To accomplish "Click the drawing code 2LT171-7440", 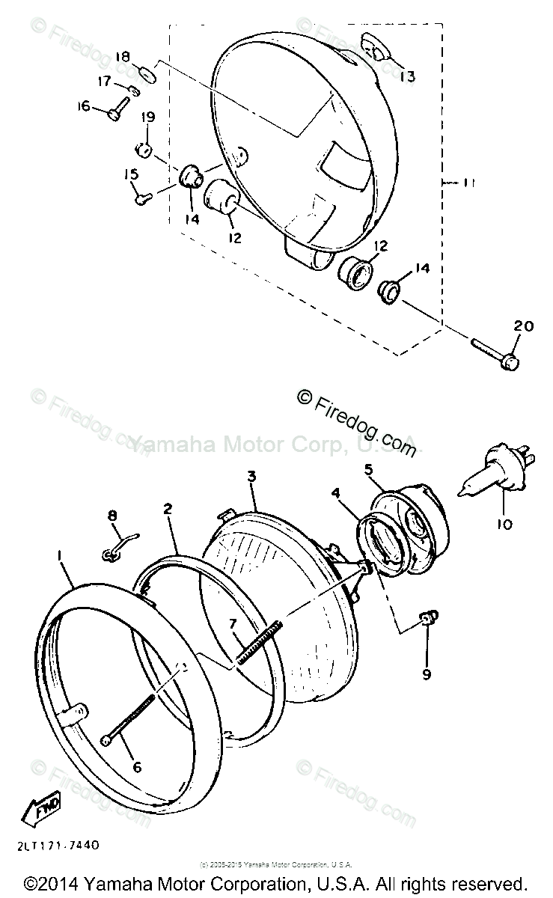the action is (x=50, y=845).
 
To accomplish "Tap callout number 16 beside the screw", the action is (x=83, y=106).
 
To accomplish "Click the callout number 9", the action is (x=426, y=674).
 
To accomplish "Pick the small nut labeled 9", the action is (x=428, y=618).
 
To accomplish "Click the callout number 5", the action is (x=369, y=470).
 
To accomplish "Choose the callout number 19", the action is (x=147, y=117).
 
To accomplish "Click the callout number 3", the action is (x=252, y=476).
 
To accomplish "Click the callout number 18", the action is (x=123, y=56).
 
